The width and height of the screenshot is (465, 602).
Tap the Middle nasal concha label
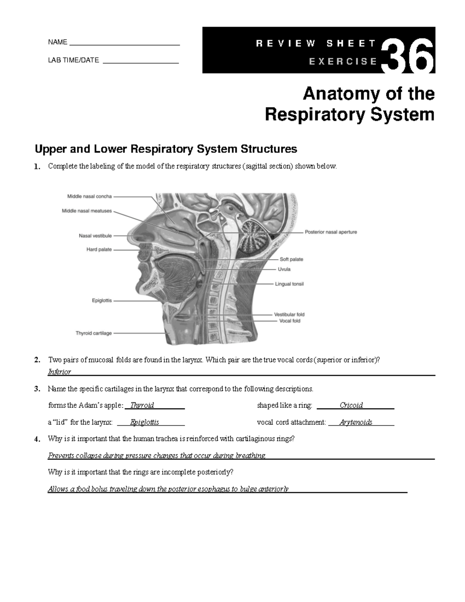click(x=90, y=197)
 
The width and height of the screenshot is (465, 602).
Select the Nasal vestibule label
click(x=95, y=236)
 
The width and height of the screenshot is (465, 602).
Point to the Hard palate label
click(x=99, y=250)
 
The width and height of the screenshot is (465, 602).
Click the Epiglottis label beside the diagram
click(x=102, y=300)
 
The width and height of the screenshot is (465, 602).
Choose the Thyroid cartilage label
click(x=93, y=333)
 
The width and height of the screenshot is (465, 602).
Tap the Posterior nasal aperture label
click(x=331, y=232)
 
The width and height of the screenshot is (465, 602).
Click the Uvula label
click(x=284, y=269)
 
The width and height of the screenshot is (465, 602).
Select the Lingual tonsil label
click(x=289, y=284)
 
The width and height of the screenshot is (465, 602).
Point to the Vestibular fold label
click(x=289, y=315)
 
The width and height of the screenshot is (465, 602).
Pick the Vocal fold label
click(x=290, y=321)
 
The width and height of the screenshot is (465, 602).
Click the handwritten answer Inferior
click(x=59, y=372)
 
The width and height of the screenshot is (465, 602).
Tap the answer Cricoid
click(x=351, y=405)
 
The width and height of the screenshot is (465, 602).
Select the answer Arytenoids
click(x=356, y=423)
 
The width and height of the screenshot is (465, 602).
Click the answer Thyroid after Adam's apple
click(x=142, y=405)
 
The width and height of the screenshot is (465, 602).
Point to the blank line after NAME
click(x=124, y=45)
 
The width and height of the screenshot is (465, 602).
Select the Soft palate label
click(x=291, y=259)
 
